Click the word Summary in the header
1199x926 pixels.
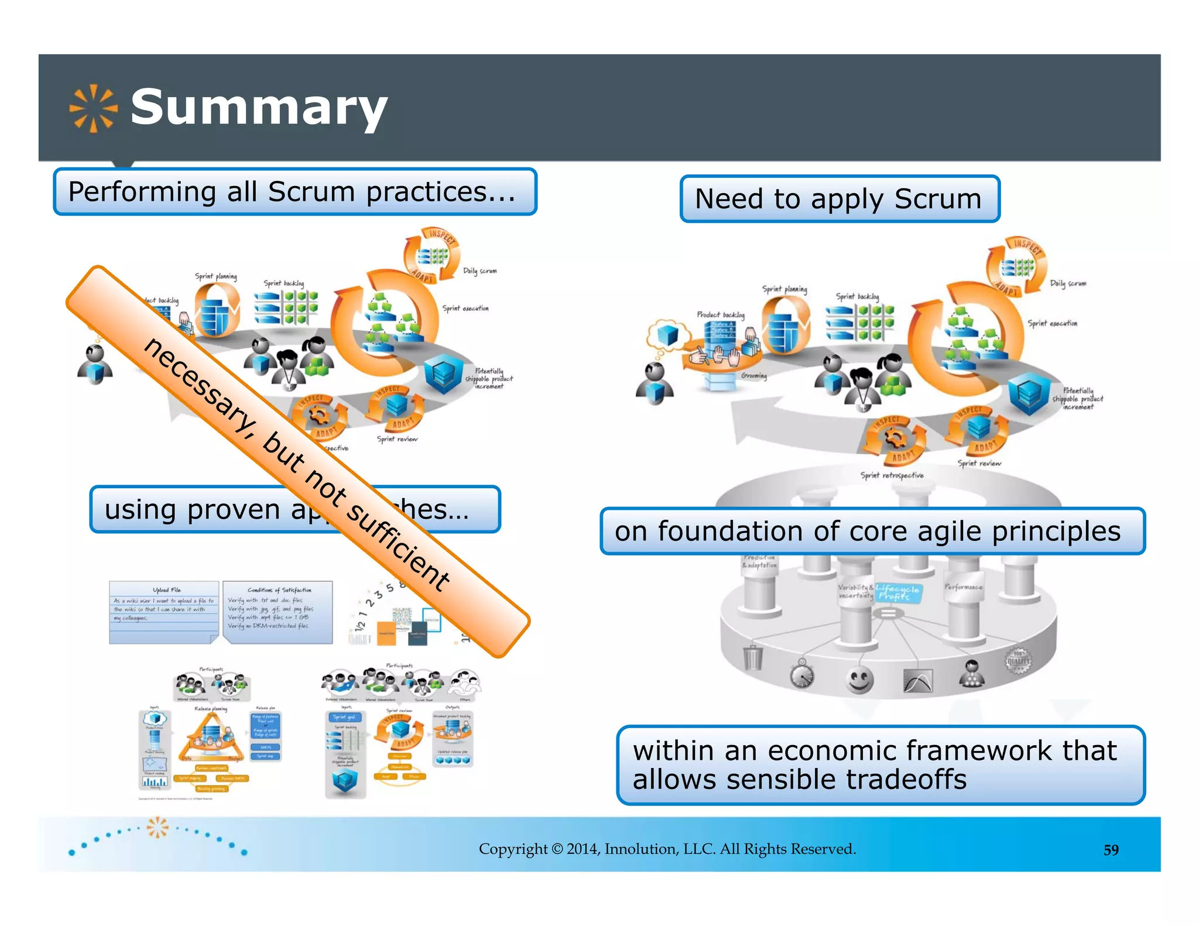[x=259, y=108]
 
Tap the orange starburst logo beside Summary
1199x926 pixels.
[x=93, y=108]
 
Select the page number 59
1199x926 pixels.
[x=1111, y=850]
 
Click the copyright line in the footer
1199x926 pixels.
[x=667, y=849]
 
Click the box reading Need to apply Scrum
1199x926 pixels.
[x=839, y=199]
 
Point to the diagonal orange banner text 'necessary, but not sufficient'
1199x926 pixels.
[x=297, y=462]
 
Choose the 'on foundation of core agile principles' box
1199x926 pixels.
[x=871, y=531]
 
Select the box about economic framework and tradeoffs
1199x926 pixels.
[x=880, y=765]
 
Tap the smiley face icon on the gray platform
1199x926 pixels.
[x=859, y=680]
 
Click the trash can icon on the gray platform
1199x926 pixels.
[x=753, y=657]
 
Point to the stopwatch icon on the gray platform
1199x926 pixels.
[x=802, y=674]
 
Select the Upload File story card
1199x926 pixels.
[x=164, y=612]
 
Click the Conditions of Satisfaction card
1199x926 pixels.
[x=278, y=612]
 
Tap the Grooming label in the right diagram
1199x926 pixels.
[x=753, y=376]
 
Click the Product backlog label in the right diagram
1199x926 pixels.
[x=720, y=315]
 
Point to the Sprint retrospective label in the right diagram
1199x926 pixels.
[x=892, y=475]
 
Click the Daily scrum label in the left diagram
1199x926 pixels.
[x=479, y=271]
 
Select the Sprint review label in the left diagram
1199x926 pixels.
[x=397, y=439]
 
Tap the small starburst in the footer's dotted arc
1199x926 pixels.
[x=157, y=827]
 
